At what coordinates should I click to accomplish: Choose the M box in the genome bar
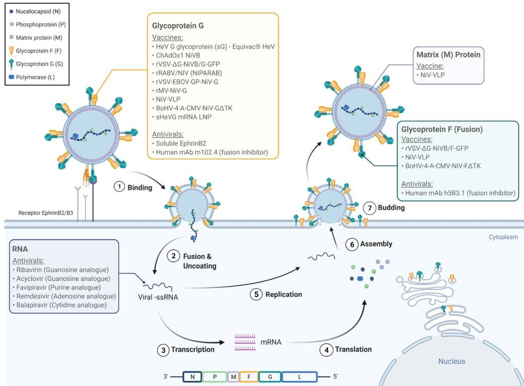[x=233, y=376]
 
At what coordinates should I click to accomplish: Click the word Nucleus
[x=452, y=361]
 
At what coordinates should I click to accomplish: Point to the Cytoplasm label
[x=503, y=237]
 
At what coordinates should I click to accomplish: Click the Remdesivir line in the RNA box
[x=63, y=296]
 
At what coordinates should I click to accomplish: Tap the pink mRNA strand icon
[x=245, y=342]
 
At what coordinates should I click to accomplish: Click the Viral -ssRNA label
[x=158, y=297]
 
